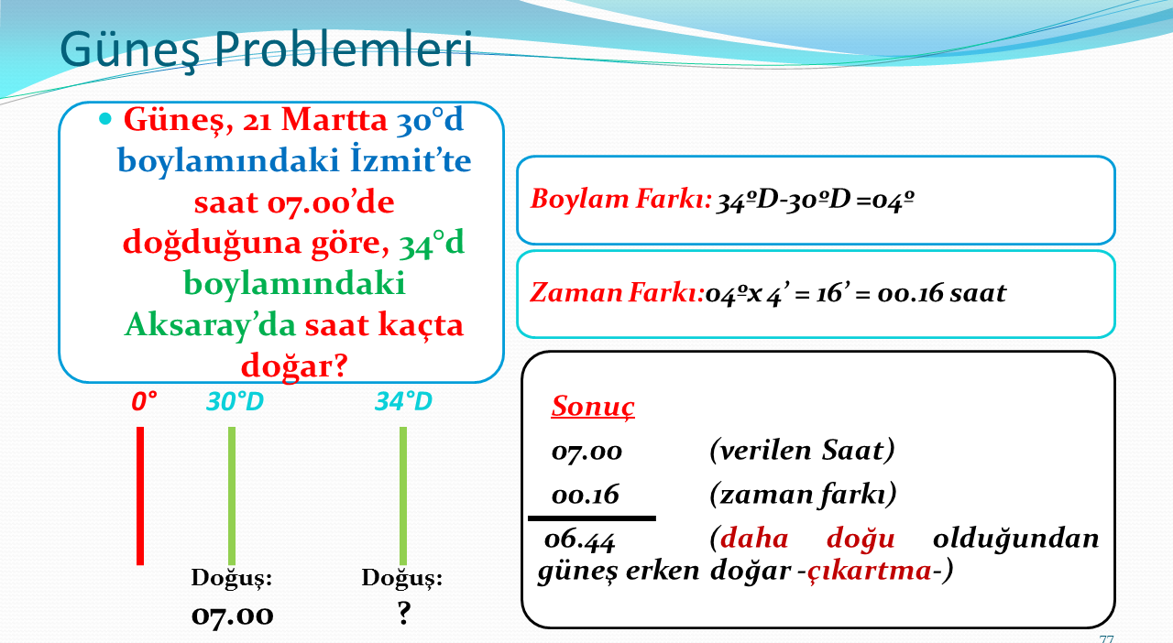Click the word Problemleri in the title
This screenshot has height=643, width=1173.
(x=344, y=49)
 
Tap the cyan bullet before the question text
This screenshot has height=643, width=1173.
(x=105, y=119)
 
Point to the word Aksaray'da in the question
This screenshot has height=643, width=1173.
(x=210, y=325)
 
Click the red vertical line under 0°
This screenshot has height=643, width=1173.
(x=140, y=496)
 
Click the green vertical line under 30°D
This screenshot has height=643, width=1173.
(x=232, y=496)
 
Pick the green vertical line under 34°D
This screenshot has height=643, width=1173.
(x=402, y=496)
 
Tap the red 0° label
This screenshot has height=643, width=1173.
(x=144, y=401)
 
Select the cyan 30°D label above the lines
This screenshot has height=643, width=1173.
(x=235, y=401)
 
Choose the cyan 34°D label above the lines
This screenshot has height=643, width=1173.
(x=403, y=401)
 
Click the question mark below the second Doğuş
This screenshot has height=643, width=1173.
(x=403, y=613)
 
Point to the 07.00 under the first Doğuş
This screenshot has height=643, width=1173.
(x=232, y=616)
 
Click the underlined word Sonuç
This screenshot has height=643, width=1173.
(x=593, y=407)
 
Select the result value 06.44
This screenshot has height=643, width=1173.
(x=579, y=539)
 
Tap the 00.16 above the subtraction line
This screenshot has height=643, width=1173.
(x=585, y=495)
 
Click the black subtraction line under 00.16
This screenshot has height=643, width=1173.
(x=592, y=518)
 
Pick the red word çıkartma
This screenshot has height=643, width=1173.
(x=870, y=571)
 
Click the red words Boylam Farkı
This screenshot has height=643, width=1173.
(x=621, y=200)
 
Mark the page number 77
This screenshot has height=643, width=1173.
(x=1106, y=638)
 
